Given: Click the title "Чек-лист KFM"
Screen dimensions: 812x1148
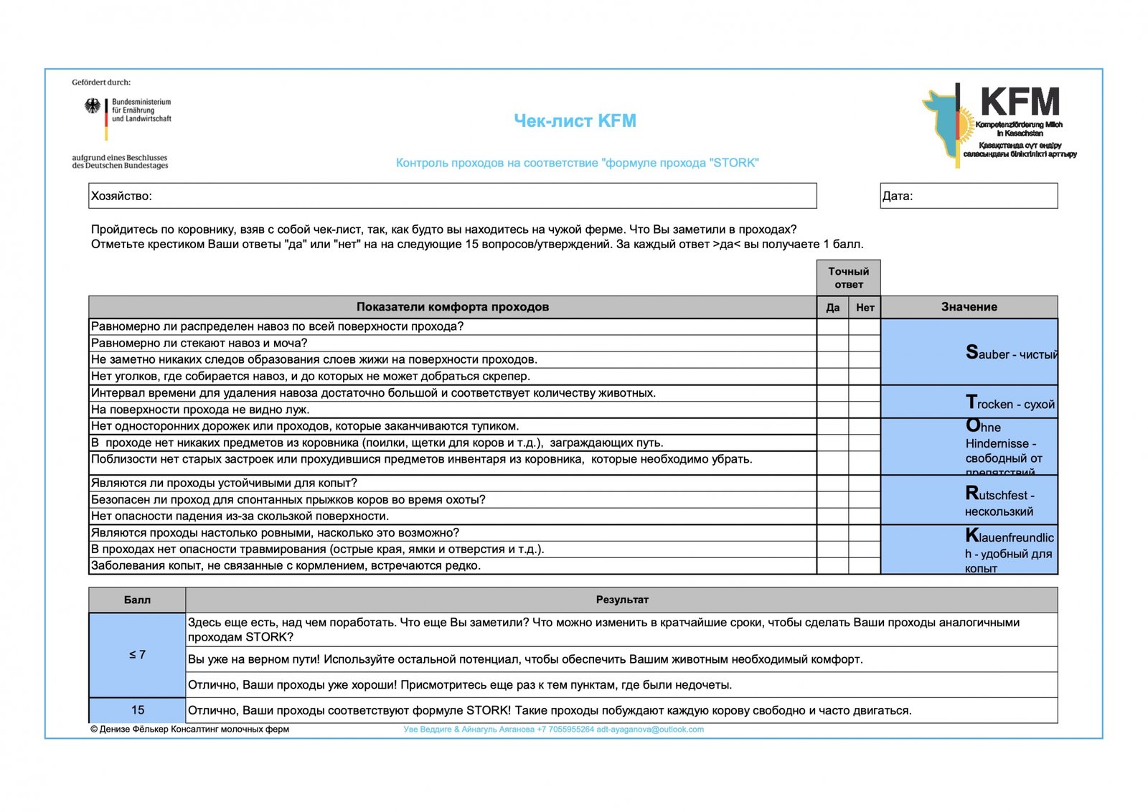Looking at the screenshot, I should click(575, 121).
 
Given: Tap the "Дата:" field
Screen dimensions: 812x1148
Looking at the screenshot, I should click(969, 196).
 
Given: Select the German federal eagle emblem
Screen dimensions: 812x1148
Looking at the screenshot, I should click(93, 107).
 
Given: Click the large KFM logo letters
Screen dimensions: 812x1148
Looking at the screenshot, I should click(1020, 102).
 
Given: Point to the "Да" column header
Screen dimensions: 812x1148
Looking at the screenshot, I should click(832, 308).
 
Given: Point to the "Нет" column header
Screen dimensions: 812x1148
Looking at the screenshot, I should click(865, 308).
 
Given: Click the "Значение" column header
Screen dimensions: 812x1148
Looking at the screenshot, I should click(969, 307).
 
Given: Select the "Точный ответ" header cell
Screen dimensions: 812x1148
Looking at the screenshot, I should click(848, 278).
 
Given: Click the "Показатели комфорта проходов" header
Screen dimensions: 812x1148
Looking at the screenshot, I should click(452, 307).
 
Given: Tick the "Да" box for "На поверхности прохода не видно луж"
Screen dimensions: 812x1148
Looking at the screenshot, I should click(832, 410).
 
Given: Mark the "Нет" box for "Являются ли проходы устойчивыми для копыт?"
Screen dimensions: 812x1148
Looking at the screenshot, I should click(865, 483).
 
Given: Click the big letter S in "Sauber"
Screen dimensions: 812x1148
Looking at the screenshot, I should click(972, 352).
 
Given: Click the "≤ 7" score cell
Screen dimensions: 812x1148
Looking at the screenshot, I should click(137, 655).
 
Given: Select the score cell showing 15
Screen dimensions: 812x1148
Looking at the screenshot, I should click(137, 710).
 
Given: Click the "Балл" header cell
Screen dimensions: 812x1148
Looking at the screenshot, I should click(137, 600).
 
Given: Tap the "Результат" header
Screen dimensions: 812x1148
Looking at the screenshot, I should click(621, 600).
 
